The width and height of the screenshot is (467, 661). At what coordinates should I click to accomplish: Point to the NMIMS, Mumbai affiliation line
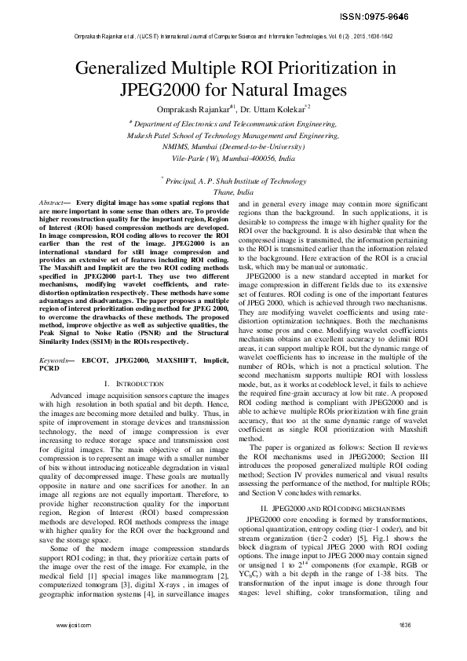(x=233, y=146)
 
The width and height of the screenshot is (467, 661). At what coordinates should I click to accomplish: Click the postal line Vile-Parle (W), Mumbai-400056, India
(x=233, y=158)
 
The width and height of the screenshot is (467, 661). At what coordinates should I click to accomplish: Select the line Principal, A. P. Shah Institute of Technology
(x=233, y=181)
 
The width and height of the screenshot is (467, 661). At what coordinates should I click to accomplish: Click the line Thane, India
(x=233, y=192)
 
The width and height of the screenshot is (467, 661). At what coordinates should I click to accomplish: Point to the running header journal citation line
(x=233, y=36)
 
